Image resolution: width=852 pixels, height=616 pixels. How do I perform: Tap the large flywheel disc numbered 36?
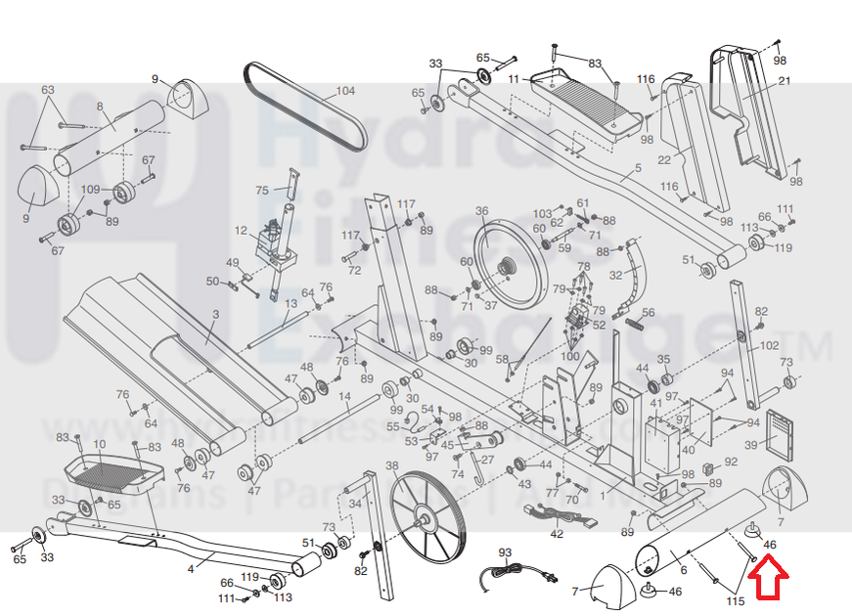tap(509, 265)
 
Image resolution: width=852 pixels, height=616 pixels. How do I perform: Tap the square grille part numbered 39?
tap(781, 434)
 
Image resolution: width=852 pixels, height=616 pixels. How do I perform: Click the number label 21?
tap(784, 81)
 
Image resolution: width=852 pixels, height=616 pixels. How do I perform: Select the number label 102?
tap(770, 344)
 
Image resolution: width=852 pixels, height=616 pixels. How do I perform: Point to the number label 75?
tap(261, 190)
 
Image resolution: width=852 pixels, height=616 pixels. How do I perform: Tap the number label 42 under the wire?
tap(557, 533)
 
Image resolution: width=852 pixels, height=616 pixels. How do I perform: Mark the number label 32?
tap(615, 275)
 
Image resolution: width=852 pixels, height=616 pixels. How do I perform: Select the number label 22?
tap(663, 159)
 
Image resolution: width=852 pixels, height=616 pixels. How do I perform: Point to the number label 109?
tap(90, 188)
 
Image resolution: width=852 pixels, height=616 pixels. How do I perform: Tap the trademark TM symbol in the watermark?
tap(820, 345)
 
